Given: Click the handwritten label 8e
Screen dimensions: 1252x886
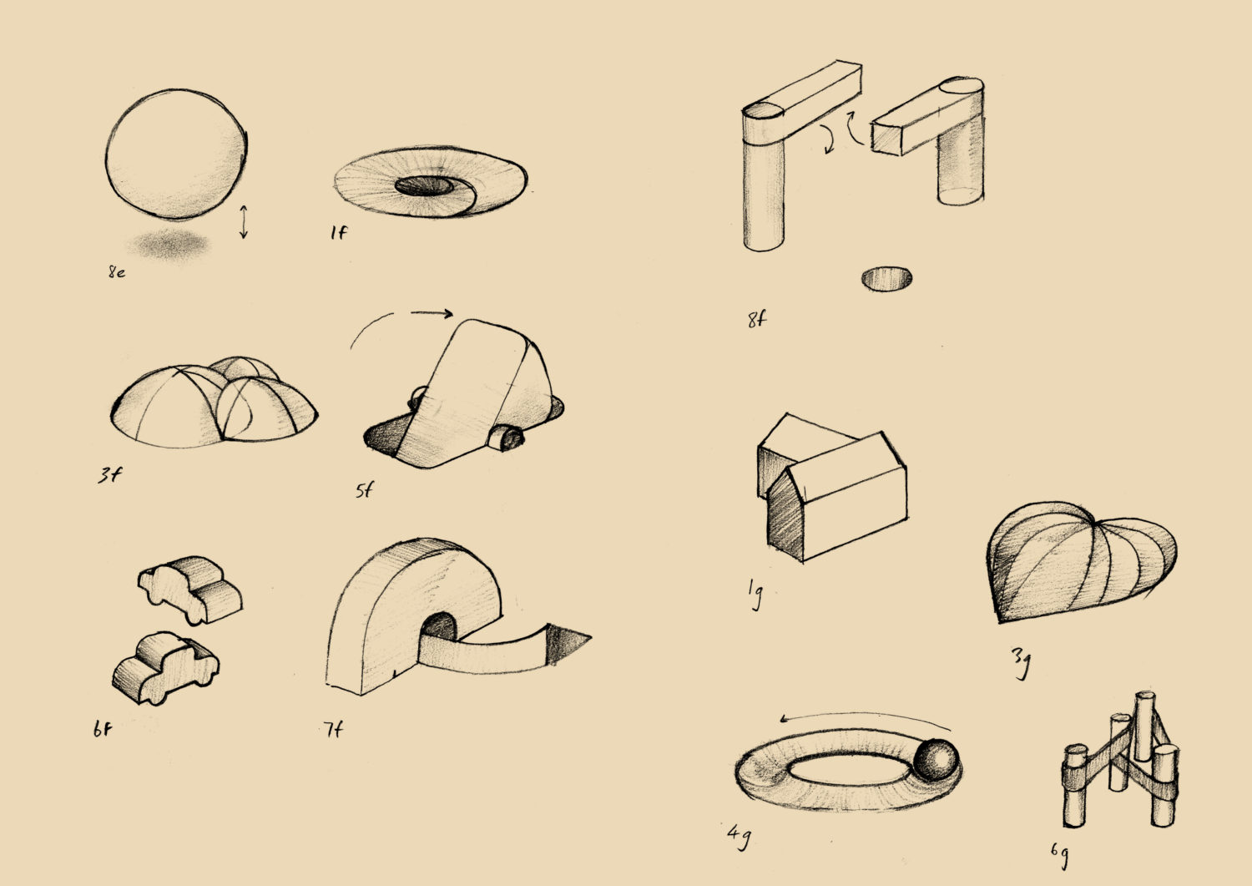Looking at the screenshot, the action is click(x=117, y=272).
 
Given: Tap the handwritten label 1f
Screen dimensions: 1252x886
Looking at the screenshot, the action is click(x=338, y=232).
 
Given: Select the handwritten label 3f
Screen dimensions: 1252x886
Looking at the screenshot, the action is click(x=109, y=475).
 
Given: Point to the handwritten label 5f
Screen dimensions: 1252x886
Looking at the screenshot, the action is click(x=364, y=490).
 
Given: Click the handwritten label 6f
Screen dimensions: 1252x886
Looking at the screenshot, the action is click(x=103, y=729).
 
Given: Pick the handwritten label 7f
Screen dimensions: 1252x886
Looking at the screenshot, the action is click(x=332, y=729).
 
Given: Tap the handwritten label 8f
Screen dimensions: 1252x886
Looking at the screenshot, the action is click(x=757, y=320).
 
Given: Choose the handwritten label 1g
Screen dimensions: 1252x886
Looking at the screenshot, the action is click(x=755, y=594).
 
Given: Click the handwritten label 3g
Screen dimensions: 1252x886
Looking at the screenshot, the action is click(x=1021, y=663).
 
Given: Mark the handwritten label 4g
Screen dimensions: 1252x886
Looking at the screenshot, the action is click(x=739, y=838).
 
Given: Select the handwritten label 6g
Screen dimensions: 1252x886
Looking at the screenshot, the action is click(x=1059, y=856).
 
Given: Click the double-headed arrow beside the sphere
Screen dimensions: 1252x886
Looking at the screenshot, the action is click(x=243, y=222).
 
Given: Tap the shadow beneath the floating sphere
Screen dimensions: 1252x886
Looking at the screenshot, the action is click(x=169, y=245).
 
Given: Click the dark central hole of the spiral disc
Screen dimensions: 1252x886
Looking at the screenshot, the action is click(x=424, y=186).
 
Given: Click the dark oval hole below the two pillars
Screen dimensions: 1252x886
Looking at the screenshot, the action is click(x=887, y=279).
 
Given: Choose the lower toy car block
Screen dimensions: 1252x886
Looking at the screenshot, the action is click(x=165, y=668).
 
